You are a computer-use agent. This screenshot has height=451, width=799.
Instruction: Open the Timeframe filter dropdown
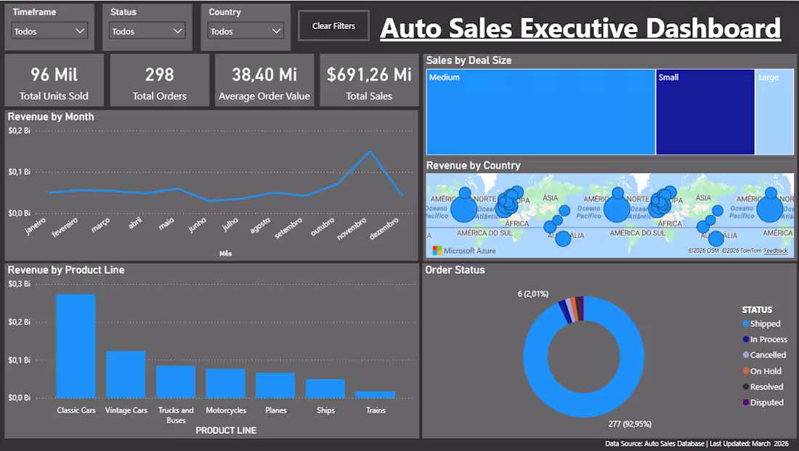50,31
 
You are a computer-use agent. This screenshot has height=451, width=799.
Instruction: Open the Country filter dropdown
246,31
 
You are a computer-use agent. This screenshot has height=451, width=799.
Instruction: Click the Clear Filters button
333,26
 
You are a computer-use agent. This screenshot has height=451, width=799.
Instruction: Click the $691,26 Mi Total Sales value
369,74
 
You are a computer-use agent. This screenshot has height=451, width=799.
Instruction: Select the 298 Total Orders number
159,74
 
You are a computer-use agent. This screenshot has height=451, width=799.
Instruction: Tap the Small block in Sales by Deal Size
705,112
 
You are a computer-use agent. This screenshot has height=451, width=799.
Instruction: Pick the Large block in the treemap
774,112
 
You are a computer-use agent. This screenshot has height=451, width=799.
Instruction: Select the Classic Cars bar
76,346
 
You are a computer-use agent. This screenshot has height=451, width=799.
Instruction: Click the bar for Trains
376,394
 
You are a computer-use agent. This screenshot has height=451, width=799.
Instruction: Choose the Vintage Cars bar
126,374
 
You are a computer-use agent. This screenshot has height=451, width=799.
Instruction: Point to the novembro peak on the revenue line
370,152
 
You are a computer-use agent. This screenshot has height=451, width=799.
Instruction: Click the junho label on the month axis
197,226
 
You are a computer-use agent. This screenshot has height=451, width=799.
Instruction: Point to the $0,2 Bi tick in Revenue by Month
20,131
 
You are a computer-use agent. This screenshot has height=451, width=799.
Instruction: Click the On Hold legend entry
766,371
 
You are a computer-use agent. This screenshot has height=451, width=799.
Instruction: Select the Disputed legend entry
766,402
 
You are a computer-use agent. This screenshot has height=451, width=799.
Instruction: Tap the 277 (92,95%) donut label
630,423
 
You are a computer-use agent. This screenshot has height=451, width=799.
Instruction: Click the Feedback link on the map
775,251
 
